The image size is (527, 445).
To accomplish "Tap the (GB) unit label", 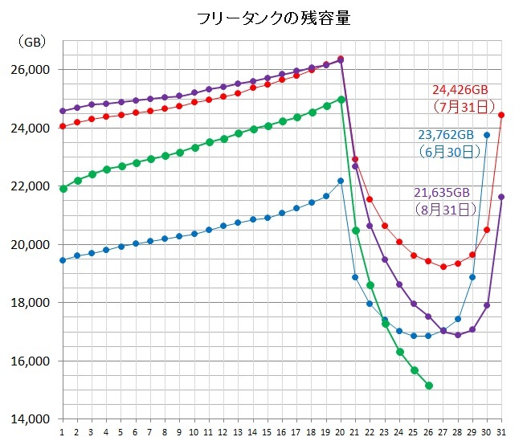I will [32, 41].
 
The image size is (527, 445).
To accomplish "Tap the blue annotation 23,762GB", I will [444, 134].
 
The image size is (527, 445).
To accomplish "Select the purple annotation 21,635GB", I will [442, 193].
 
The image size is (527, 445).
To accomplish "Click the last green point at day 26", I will [429, 386].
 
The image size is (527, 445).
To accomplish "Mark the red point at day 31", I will [501, 115].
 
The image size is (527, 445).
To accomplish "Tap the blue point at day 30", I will [487, 135].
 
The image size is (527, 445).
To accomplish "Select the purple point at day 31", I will [501, 197].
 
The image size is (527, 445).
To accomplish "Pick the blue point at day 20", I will [341, 181].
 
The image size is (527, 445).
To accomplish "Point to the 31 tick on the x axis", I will [501, 432].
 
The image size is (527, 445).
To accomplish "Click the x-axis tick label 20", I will [341, 432].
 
